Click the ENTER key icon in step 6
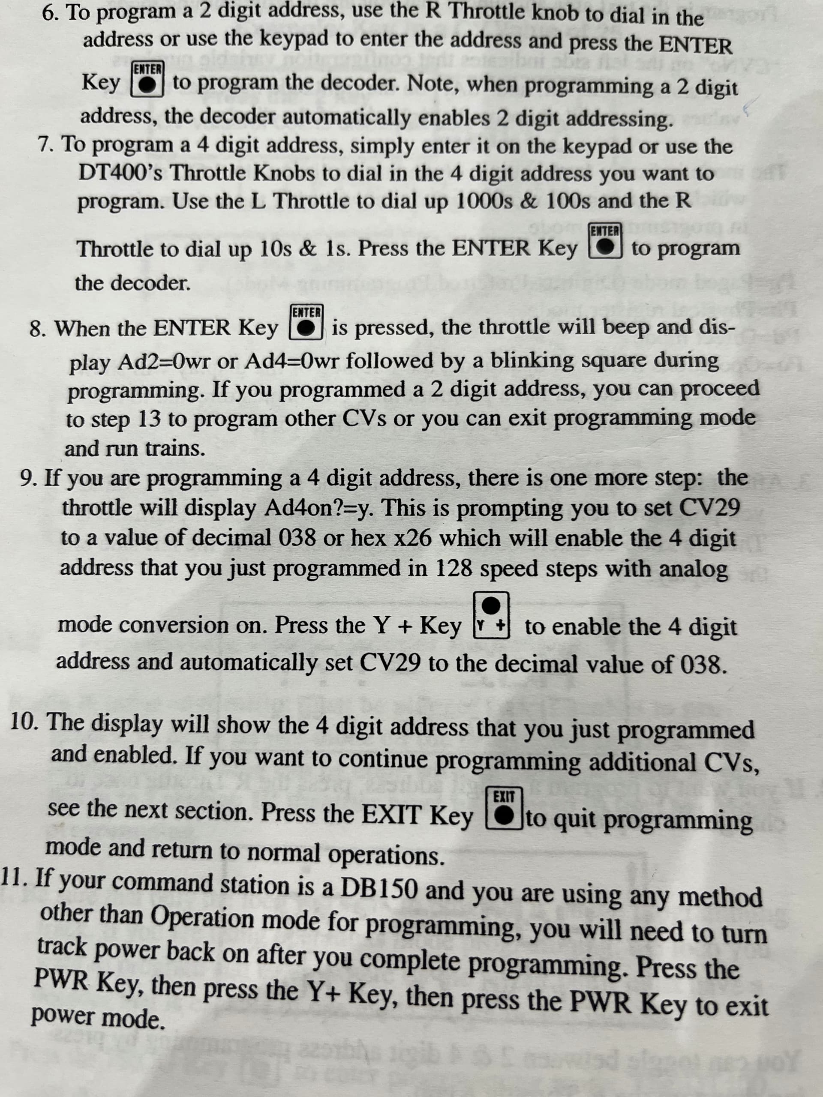click(x=147, y=79)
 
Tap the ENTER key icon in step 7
click(x=605, y=240)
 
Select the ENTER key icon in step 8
click(x=307, y=322)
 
